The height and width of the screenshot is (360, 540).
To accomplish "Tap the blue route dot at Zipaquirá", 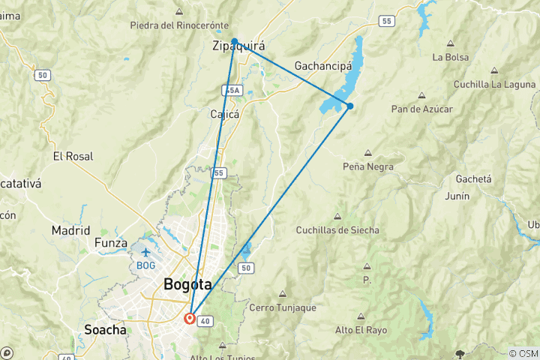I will pos(235,42).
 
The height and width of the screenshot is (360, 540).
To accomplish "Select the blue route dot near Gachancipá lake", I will pos(350,106).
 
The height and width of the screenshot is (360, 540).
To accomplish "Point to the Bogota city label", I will pos(187,284).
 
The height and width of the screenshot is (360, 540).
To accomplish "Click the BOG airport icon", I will pos(145,251).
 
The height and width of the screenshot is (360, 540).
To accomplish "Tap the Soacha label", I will pos(105,329).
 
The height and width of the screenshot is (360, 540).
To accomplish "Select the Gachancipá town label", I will pos(323,66).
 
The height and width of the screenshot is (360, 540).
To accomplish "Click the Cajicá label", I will pos(224,115).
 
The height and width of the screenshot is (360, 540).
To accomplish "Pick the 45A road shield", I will pos(232,90).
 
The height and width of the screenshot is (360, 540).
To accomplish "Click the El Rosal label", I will pos(73,157).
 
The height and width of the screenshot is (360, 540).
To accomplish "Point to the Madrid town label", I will pos(70,230).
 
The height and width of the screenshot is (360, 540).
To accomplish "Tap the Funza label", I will pos(111,243).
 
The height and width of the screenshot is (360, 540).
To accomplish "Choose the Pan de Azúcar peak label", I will pos(421,109).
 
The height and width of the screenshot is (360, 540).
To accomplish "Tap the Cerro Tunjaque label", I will pos(282,307).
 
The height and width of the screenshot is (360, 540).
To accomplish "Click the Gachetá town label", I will pos(473,179).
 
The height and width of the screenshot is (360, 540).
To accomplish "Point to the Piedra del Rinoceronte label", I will pos(179,25).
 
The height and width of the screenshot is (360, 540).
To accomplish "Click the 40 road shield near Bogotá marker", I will pos(207,322).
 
